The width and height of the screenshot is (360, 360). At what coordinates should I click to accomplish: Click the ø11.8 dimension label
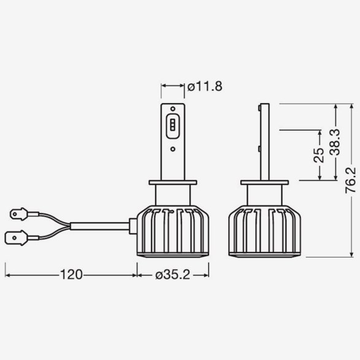point(205,87)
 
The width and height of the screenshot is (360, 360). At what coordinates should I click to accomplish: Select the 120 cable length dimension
point(71,274)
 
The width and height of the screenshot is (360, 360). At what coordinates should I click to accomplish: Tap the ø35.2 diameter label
point(173,275)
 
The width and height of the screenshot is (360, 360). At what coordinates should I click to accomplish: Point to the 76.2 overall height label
point(351,180)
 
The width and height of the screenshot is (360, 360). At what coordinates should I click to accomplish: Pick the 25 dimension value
point(319,155)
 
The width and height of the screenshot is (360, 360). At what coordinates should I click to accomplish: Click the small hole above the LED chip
point(173,109)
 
